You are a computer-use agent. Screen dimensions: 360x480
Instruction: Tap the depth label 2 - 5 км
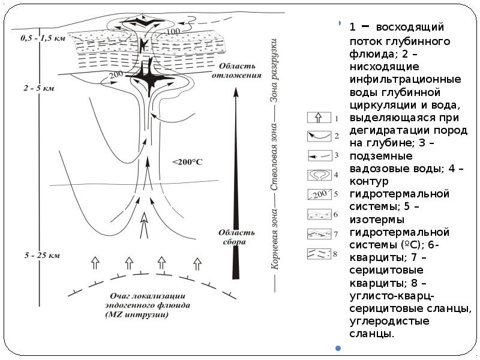point(38,88)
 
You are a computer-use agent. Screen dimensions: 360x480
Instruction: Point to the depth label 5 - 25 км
point(41,256)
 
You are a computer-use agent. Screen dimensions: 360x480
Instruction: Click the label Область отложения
point(241,71)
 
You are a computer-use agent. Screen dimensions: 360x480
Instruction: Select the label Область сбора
point(232,237)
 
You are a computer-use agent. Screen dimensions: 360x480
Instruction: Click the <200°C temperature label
point(188,162)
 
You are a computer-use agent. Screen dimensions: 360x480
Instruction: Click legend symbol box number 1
point(319,118)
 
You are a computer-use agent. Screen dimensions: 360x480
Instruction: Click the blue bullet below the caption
point(338,348)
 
